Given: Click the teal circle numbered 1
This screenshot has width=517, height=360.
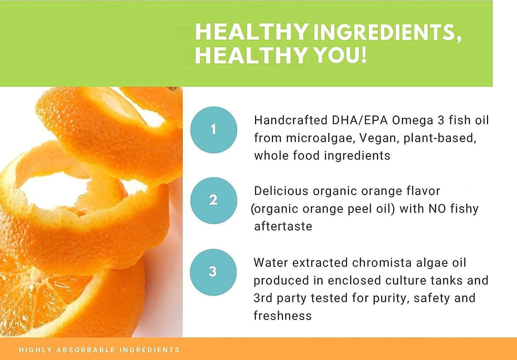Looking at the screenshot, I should [x=214, y=130].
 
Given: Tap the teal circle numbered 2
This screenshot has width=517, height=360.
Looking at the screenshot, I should [x=214, y=200].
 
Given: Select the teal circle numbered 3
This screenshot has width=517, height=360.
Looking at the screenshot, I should [x=213, y=272].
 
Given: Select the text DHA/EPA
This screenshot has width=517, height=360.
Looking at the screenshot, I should [x=360, y=120].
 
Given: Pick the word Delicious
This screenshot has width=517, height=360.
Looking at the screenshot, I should [x=281, y=191].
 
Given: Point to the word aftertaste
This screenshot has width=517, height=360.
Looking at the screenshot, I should [x=283, y=227].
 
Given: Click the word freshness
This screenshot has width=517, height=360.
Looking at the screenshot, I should [x=283, y=316].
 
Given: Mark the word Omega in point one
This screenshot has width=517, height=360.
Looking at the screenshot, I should [x=413, y=120].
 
